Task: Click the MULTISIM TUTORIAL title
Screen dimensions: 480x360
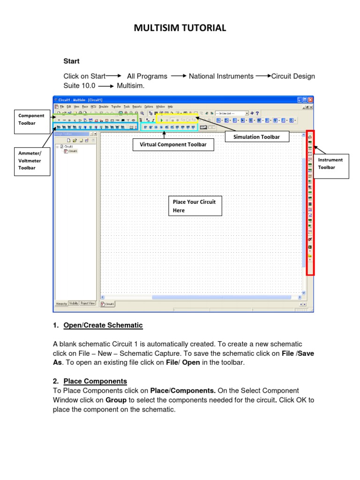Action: click(180, 29)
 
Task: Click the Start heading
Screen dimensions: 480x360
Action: click(72, 61)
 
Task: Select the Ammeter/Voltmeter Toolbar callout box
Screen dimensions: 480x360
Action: click(31, 161)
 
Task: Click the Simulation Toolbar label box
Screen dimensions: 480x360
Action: click(257, 136)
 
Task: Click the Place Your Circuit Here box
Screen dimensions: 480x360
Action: click(195, 206)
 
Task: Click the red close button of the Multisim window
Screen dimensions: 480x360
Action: click(310, 100)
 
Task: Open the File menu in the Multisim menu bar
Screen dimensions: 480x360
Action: click(62, 107)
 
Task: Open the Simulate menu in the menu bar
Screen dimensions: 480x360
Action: click(104, 107)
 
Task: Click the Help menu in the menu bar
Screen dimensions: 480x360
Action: click(170, 107)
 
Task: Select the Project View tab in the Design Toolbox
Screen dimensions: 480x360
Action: click(88, 303)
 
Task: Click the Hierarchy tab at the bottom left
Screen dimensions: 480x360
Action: click(61, 303)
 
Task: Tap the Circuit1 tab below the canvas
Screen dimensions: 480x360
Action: click(108, 304)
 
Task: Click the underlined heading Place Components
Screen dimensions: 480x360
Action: click(95, 381)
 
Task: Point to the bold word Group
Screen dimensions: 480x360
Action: click(116, 400)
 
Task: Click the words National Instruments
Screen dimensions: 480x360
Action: click(221, 76)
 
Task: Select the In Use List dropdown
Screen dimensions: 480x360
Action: click(231, 113)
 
